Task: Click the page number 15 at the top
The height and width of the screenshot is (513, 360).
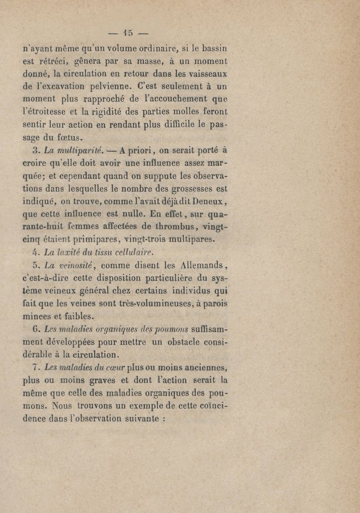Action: [x=130, y=32]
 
